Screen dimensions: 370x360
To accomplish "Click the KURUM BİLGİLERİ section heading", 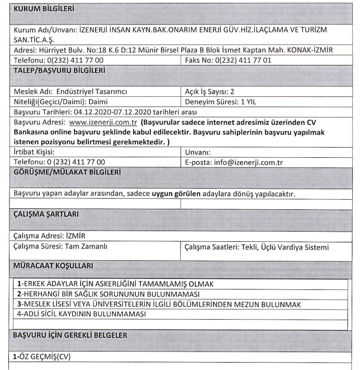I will tap(44, 10).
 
